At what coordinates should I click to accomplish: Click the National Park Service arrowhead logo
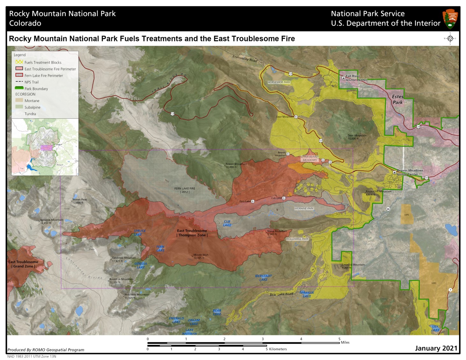[x=450, y=19]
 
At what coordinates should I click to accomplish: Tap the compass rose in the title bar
[x=450, y=39]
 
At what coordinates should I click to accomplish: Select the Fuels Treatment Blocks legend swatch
[x=19, y=62]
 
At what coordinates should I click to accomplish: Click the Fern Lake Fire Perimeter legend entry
[x=44, y=76]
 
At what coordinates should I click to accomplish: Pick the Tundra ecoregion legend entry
[x=30, y=114]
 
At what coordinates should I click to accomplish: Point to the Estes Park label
[x=397, y=99]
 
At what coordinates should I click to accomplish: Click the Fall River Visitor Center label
[x=356, y=78]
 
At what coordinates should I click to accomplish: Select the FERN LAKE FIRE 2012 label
[x=185, y=190]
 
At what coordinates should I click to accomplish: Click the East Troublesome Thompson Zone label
[x=192, y=233]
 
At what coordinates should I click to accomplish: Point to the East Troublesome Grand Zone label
[x=23, y=264]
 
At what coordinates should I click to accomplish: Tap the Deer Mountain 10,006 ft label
[x=357, y=137]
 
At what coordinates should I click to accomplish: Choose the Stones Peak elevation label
[x=79, y=201]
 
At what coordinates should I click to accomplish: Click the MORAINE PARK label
[x=304, y=208]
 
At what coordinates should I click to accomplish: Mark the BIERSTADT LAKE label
[x=263, y=278]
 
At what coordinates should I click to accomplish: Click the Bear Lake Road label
[x=281, y=294]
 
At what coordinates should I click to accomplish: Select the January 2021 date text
[x=436, y=348]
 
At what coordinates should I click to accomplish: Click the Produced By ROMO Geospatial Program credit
[x=46, y=350]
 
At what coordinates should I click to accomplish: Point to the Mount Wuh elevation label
[x=201, y=256]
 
